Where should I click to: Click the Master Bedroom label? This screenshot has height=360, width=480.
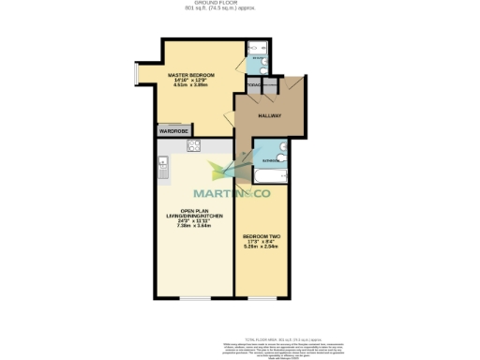click(x=191, y=74)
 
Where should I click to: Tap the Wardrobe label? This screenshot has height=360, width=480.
click(x=174, y=131)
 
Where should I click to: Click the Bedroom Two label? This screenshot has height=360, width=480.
click(x=259, y=235)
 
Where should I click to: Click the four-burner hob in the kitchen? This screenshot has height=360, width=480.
click(x=194, y=145)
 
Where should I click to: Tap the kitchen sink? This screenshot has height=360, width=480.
click(x=161, y=170)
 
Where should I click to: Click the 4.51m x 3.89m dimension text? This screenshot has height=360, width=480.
click(x=191, y=85)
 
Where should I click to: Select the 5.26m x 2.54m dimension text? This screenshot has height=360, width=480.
click(x=259, y=247)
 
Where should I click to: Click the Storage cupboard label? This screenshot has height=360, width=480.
click(x=254, y=86)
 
